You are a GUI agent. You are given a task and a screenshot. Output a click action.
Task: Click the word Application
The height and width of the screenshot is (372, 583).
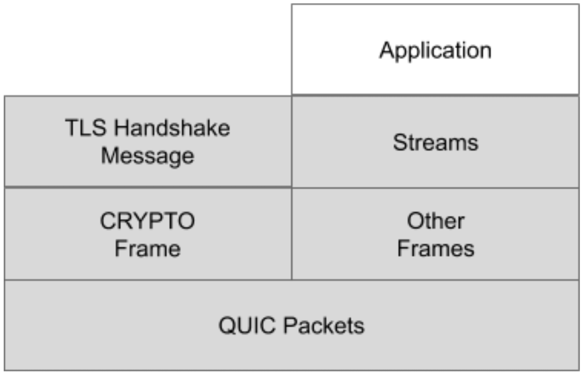[x=435, y=51]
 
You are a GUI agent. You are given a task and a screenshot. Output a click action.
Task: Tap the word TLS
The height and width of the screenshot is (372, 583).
[x=86, y=128]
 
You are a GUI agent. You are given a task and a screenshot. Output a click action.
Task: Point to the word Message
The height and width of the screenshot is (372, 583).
[x=148, y=156]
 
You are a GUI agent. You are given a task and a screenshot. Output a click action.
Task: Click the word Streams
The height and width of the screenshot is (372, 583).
[x=435, y=142]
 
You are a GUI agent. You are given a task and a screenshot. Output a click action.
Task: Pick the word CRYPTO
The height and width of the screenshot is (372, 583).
[x=148, y=221]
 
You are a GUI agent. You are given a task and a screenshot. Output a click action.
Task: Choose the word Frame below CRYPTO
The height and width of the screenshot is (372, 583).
[x=148, y=249]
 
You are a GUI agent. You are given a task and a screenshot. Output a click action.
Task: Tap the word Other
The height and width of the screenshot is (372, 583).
[x=435, y=221]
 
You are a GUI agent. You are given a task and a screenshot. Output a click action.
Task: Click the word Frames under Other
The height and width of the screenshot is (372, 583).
[x=435, y=249]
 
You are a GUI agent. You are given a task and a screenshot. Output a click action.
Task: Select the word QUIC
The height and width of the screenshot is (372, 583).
[x=247, y=325]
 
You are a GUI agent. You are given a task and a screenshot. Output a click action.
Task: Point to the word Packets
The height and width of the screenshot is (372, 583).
[x=324, y=325]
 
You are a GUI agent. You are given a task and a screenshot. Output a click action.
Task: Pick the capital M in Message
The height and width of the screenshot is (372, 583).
[x=109, y=156]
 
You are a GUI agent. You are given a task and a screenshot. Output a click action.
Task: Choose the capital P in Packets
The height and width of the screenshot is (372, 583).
[x=290, y=325]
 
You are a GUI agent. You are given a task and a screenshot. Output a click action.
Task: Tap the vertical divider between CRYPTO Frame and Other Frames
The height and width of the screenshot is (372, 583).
[x=291, y=233]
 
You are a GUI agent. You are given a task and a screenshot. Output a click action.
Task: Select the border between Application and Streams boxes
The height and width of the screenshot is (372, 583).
[x=435, y=95]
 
